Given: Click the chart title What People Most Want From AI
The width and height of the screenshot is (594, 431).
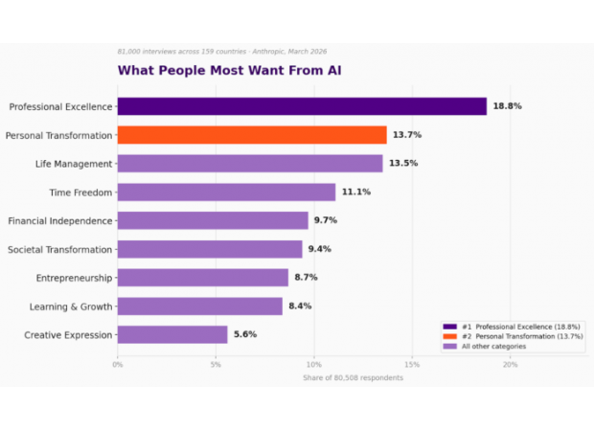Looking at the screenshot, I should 229,70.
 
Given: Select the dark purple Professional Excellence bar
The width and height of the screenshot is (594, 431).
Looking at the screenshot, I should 302,106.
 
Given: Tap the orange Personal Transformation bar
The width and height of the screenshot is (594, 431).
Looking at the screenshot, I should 252,135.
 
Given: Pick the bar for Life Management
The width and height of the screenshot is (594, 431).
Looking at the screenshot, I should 250,164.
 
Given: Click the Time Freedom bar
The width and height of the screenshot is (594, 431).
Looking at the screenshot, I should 226,193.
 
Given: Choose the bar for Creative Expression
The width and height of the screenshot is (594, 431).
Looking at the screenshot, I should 172,335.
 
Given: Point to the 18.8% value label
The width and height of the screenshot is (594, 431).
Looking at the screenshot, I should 507,106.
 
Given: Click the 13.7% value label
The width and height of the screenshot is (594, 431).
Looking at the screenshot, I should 406,135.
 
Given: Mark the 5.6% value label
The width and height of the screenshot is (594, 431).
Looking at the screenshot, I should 247,335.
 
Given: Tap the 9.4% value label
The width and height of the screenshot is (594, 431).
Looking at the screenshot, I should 322,249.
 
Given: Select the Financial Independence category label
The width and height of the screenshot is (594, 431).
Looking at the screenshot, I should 60,221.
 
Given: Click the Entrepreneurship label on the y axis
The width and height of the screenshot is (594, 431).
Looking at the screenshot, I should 74,278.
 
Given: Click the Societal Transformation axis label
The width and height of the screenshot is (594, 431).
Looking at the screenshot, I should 60,250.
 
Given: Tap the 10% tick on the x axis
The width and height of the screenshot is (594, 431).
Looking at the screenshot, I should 313,364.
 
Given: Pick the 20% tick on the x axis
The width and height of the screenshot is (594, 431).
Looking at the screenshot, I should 510,364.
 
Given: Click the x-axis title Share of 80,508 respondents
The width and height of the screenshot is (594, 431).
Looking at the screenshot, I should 353,377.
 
